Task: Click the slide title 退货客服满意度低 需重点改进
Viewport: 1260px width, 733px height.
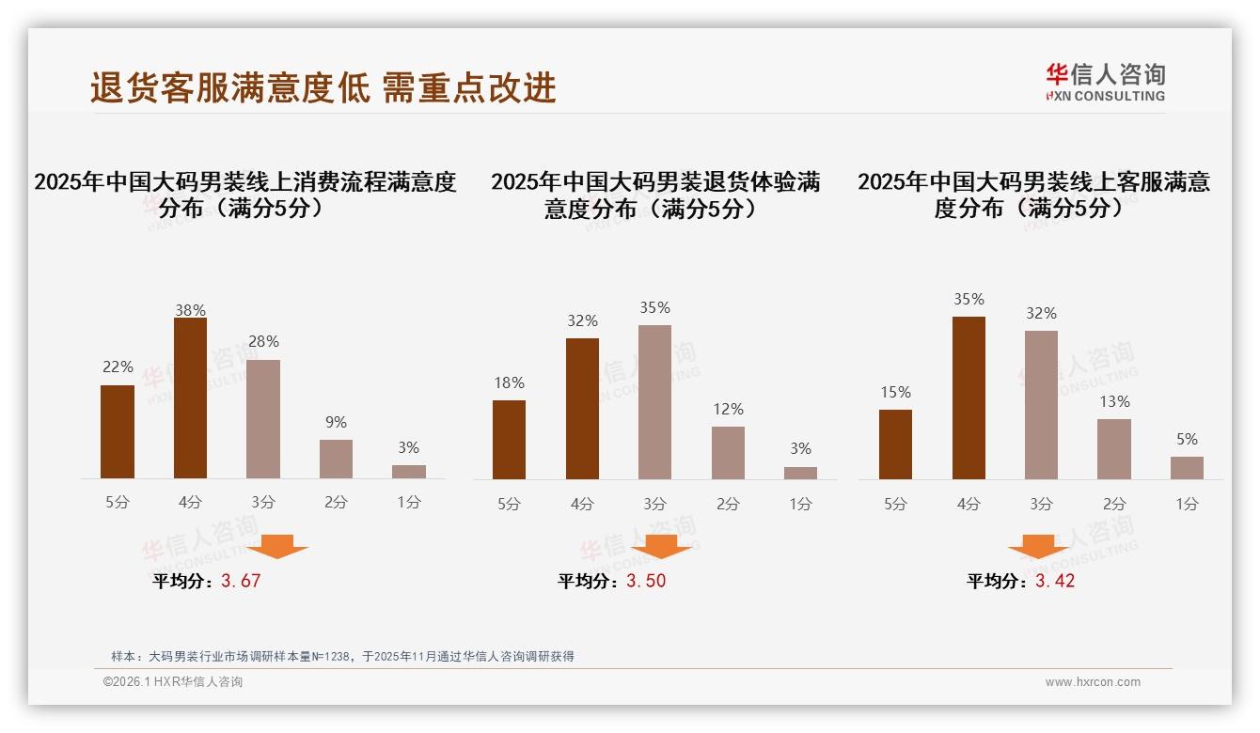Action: click(323, 87)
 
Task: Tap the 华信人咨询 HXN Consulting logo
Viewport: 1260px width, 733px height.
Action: click(1105, 83)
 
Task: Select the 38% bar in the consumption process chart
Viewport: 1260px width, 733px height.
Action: click(190, 398)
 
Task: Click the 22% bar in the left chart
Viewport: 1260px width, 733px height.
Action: click(118, 431)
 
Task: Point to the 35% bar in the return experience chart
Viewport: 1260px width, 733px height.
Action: click(654, 402)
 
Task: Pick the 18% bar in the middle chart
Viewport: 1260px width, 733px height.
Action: click(509, 440)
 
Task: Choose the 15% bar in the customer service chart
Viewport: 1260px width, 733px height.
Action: click(895, 444)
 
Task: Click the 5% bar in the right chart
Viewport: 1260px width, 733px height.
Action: click(1187, 468)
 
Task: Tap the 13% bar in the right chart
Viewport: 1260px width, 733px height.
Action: click(1114, 449)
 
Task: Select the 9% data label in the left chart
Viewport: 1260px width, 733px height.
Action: click(336, 422)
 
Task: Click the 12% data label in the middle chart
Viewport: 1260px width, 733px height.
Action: click(728, 409)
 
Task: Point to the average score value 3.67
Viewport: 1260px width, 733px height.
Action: click(241, 581)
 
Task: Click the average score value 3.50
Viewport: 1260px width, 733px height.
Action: click(646, 581)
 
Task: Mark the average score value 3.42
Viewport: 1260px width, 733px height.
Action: click(1055, 581)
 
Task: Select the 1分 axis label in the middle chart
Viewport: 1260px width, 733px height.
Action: click(800, 504)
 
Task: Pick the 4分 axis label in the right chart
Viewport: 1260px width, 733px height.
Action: click(969, 504)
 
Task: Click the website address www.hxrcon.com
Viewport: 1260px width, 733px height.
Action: click(1093, 682)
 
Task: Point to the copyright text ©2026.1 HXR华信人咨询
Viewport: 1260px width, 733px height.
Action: click(173, 682)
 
